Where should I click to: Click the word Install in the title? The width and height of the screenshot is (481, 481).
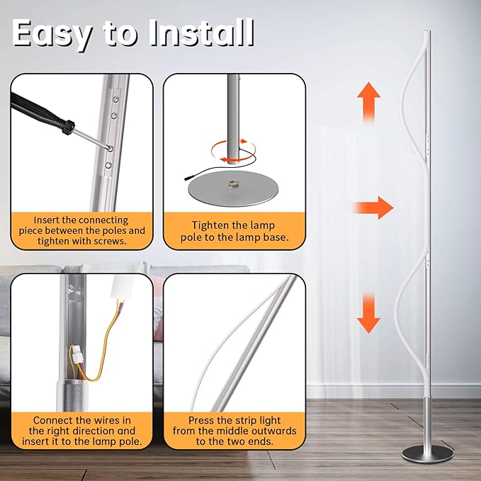[x=202, y=33]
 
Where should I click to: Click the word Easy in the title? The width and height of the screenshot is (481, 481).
[x=52, y=34]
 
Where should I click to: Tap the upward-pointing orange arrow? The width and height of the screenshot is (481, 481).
[x=369, y=102]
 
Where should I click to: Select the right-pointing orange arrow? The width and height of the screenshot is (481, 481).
[x=373, y=208]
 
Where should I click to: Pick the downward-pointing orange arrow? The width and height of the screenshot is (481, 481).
[x=369, y=314]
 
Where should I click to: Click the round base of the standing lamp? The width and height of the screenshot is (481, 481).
[x=428, y=454]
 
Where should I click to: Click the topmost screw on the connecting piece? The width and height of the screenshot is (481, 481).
[x=116, y=98]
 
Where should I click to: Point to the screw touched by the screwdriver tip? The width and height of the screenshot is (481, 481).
[x=110, y=149]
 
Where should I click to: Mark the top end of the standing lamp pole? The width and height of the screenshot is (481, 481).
[x=428, y=31]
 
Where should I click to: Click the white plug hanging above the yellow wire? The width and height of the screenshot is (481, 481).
[x=123, y=288]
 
